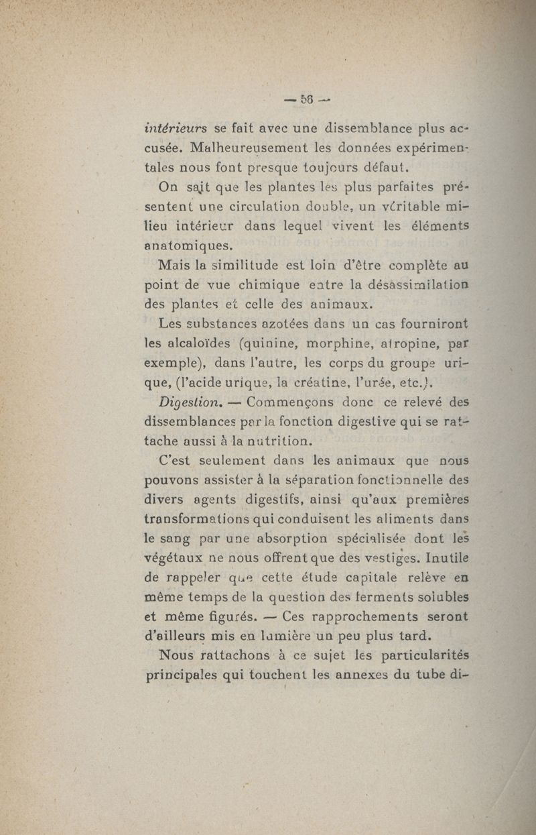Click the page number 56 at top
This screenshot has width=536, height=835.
(308, 99)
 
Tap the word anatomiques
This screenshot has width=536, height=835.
(189, 246)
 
